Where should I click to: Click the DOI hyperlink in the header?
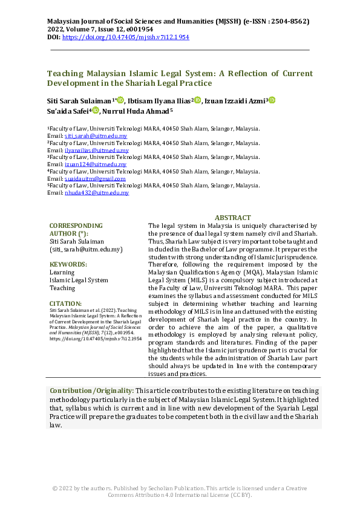point(126,37)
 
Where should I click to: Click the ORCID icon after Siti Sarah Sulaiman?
point(120,100)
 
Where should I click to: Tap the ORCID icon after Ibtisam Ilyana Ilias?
point(197,100)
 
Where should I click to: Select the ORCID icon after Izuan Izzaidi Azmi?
point(272,100)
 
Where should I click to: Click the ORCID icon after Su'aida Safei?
point(96,111)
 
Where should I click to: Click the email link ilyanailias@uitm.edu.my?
point(97,150)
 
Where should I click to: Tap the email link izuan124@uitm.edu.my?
point(96,164)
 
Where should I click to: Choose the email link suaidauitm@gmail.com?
point(95,179)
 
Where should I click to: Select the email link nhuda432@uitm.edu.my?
point(97,193)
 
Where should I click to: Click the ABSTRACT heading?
point(232,218)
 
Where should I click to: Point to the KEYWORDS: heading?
point(68,264)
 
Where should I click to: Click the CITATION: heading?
point(66,303)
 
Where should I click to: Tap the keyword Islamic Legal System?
point(79,280)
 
